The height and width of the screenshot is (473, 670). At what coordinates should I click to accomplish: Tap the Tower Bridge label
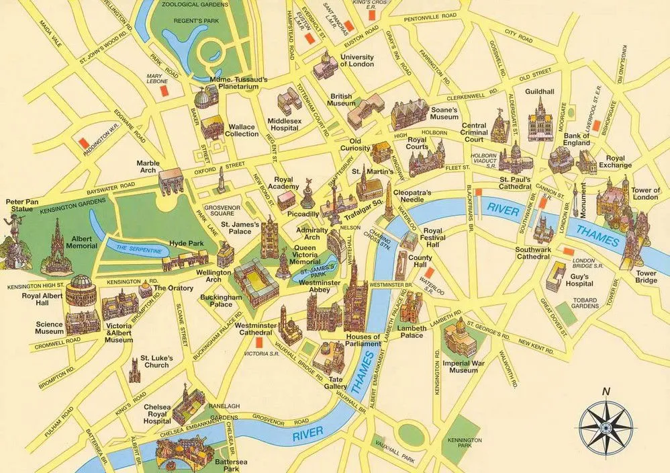pos(646,277)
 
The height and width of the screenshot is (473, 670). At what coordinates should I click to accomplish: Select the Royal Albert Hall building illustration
pos(81,290)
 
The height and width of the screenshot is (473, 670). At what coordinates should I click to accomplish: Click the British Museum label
pos(341,100)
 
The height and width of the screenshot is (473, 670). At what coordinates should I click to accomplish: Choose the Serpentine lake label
pos(140,249)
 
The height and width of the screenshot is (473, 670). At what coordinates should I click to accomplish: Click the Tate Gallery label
pos(336,382)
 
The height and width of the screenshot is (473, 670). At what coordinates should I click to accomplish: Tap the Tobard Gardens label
pos(584,302)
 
